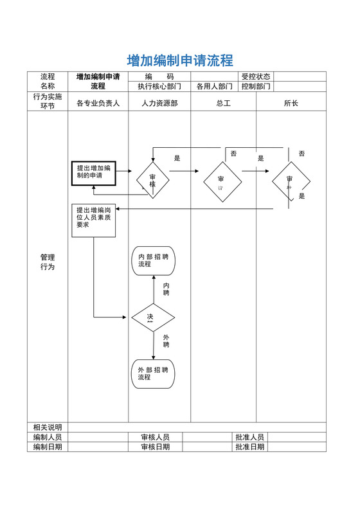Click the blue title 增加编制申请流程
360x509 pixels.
[x=179, y=61]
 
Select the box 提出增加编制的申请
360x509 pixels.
[x=93, y=172]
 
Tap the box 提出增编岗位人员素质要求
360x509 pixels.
[x=93, y=220]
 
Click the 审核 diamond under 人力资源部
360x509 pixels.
[x=152, y=181]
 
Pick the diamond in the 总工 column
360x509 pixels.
[x=222, y=182]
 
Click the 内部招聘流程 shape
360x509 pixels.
[x=153, y=260]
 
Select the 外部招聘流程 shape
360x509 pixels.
[x=153, y=373]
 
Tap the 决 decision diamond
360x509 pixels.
[x=153, y=317]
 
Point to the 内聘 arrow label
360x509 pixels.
[x=166, y=289]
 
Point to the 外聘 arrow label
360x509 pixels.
[x=166, y=341]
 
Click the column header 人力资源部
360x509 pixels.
[x=159, y=103]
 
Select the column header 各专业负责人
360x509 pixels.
[x=98, y=103]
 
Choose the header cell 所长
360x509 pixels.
[x=291, y=103]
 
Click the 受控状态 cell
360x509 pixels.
[x=256, y=76]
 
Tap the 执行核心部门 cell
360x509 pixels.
[x=159, y=86]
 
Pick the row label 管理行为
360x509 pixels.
[x=48, y=262]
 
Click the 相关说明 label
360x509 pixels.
[x=48, y=427]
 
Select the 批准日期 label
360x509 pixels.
[x=249, y=447]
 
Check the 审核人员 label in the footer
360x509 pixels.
[x=156, y=437]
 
